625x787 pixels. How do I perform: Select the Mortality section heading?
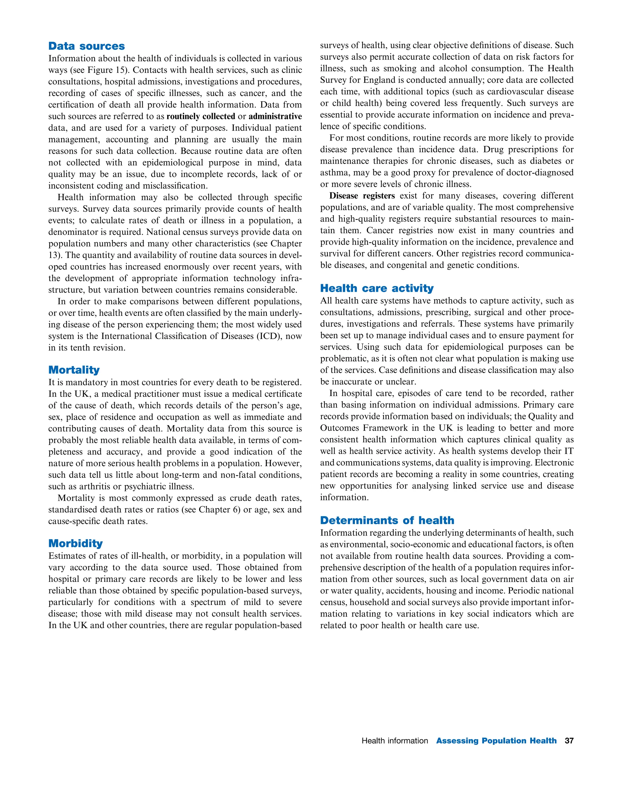pyautogui.click(x=74, y=370)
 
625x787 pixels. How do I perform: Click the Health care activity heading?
pyautogui.click(x=377, y=288)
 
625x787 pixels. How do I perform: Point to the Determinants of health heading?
pyautogui.click(x=387, y=520)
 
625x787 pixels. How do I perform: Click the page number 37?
pyautogui.click(x=569, y=741)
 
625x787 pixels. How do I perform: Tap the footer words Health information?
pyautogui.click(x=395, y=741)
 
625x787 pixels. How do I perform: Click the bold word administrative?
pyautogui.click(x=275, y=116)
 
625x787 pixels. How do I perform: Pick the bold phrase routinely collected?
pyautogui.click(x=201, y=116)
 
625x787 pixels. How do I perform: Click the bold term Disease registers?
pyautogui.click(x=362, y=196)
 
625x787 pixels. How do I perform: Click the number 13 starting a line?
pyautogui.click(x=53, y=255)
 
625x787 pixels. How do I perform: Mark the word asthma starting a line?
pyautogui.click(x=332, y=173)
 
